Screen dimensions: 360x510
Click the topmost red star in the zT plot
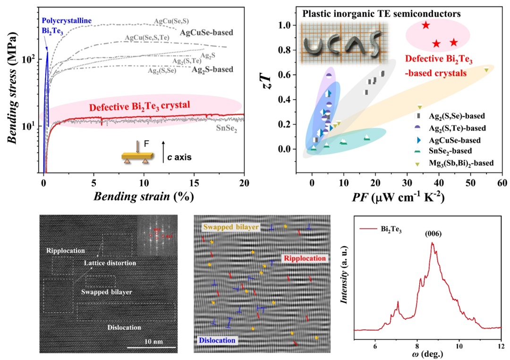426,25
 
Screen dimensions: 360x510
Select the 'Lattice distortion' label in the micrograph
110,263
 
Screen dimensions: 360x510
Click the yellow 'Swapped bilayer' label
231,227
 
